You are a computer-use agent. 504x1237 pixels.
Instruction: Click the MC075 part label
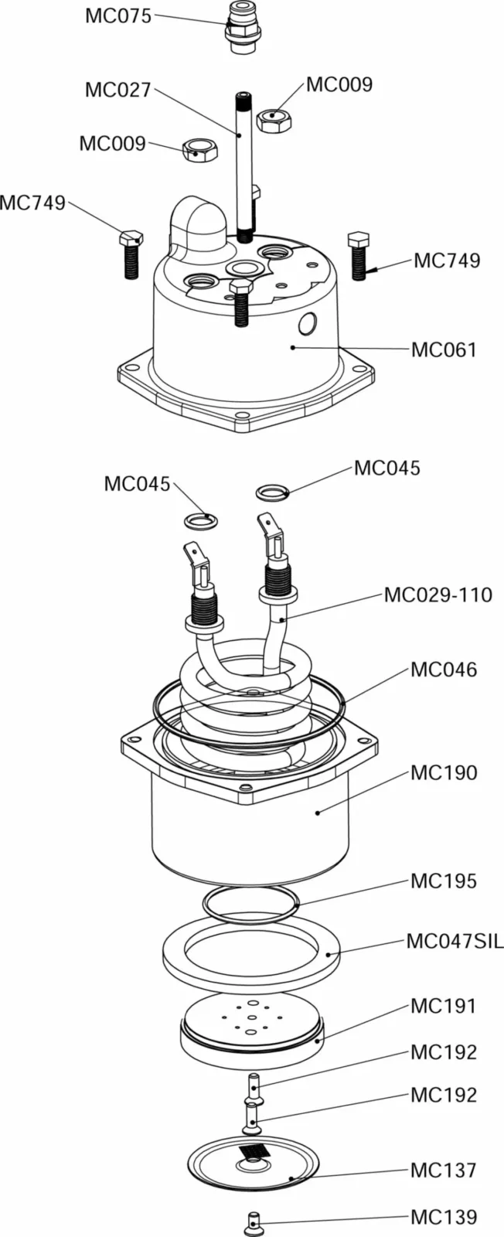[x=118, y=16]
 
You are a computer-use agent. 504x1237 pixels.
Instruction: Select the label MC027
[x=118, y=90]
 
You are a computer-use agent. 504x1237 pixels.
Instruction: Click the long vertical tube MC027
[x=243, y=162]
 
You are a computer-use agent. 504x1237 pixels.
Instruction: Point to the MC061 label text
[x=444, y=349]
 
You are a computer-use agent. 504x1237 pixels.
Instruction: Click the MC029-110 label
[x=438, y=595]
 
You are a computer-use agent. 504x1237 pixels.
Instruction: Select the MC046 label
[x=444, y=670]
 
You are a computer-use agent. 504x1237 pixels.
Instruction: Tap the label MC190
[x=444, y=772]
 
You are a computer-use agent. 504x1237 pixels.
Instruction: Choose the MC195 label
[x=444, y=881]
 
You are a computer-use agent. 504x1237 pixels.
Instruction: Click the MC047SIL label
[x=455, y=941]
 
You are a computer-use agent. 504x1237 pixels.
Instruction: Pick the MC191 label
[x=444, y=1006]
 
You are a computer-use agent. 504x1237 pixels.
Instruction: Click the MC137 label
[x=444, y=1170]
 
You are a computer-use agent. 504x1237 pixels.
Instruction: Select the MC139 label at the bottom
[x=444, y=1217]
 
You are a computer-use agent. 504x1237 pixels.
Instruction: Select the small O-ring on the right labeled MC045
[x=272, y=491]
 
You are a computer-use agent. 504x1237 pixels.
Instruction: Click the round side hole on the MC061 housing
[x=308, y=324]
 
